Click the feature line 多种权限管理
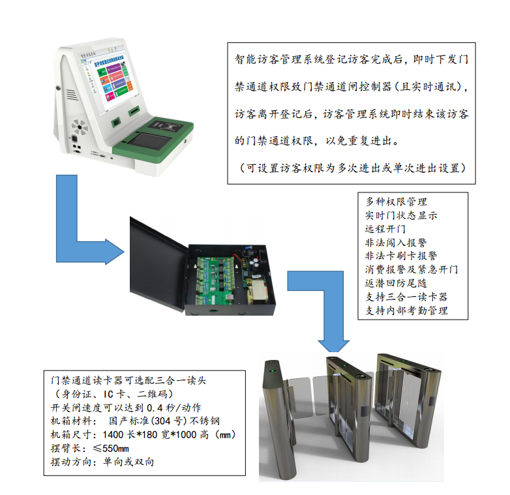coord(397,202)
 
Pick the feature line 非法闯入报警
coord(397,243)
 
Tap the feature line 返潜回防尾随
coord(397,283)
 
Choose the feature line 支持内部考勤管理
coord(406,310)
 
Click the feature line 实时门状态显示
coord(401,215)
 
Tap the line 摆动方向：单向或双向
coord(102,462)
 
